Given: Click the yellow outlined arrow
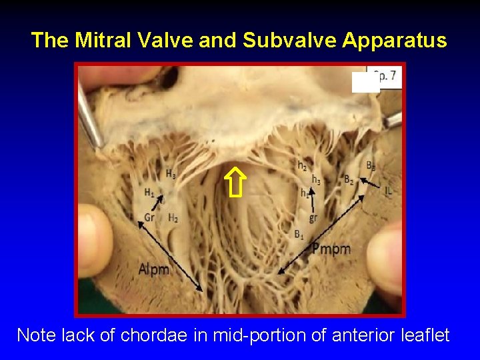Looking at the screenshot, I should tap(235, 183).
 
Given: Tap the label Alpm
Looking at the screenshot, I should tap(155, 269).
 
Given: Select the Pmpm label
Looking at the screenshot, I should tap(331, 249).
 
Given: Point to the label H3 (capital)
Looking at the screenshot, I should tap(171, 175).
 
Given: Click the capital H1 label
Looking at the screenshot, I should tap(149, 193).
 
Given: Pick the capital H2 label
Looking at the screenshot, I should tap(173, 217).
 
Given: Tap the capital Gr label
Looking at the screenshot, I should tap(149, 217).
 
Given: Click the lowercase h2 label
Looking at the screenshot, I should tap(302, 165).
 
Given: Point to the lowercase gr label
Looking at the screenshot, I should tap(313, 217).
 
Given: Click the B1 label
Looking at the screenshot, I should tap(299, 233).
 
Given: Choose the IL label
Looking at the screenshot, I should tap(388, 191).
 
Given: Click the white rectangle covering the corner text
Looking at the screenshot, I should tap(365, 81).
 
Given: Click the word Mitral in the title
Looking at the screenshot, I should tap(99, 41).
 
